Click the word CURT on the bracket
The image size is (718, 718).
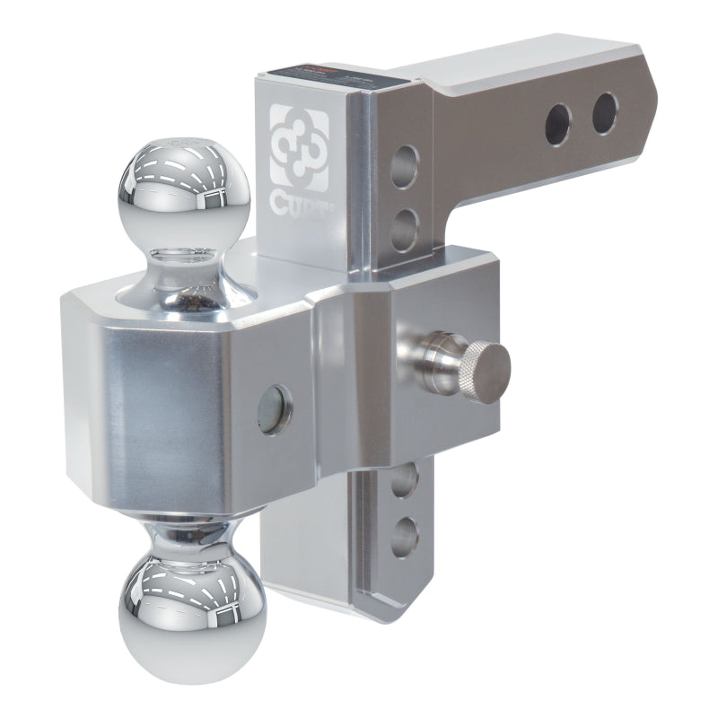(x=300, y=201)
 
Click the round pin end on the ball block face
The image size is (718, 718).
(x=274, y=409)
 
